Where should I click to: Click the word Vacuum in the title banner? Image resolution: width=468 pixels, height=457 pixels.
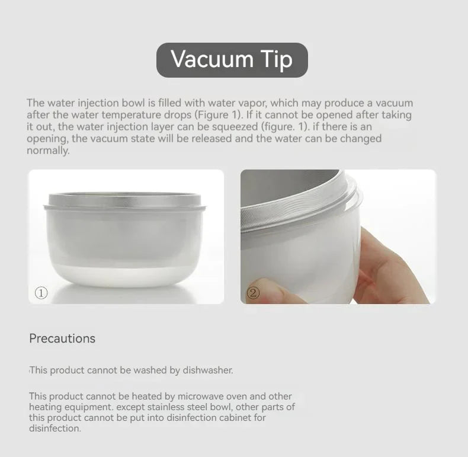tap(212, 59)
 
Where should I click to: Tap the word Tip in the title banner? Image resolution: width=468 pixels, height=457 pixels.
tap(276, 60)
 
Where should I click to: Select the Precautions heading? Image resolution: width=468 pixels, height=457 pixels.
tap(62, 338)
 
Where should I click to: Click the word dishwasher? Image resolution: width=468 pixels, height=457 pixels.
tap(208, 370)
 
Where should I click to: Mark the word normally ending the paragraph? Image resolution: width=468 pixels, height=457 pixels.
tap(48, 151)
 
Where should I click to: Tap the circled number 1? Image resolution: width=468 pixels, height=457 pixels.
tap(41, 293)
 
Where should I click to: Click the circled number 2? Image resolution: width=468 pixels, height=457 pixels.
tap(253, 293)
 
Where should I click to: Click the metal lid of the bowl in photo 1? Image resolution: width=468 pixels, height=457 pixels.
tap(125, 200)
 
